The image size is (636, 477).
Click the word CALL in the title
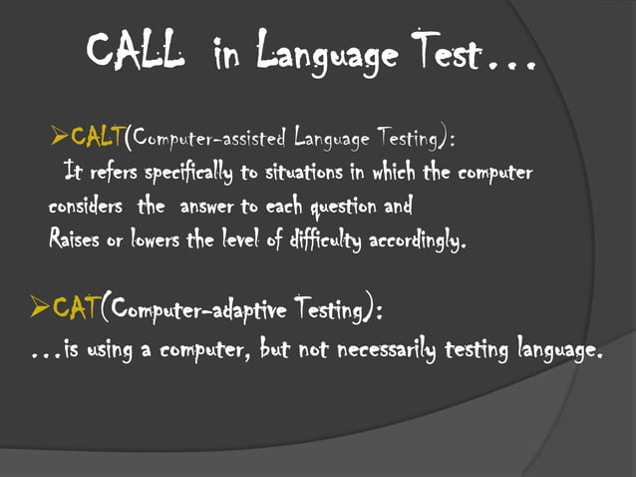tap(135, 50)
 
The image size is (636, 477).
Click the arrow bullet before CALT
tap(58, 136)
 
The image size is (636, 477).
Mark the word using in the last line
tap(108, 350)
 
